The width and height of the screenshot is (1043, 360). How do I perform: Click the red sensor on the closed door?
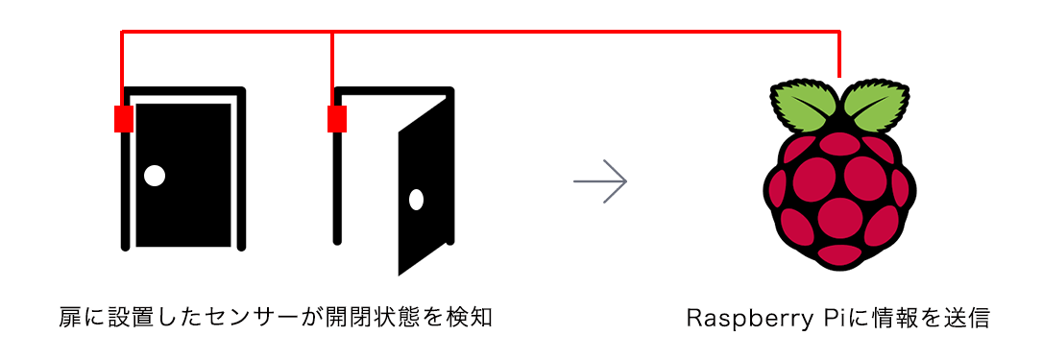(x=123, y=119)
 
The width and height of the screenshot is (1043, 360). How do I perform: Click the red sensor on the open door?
(x=337, y=119)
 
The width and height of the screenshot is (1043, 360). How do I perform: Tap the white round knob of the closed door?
(x=154, y=176)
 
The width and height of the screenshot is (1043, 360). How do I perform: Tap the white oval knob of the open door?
(x=416, y=200)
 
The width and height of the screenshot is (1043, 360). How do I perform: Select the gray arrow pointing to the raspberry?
(x=600, y=180)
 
